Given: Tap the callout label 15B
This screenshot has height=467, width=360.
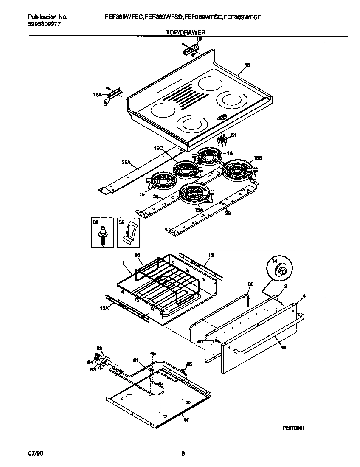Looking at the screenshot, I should click(257, 157).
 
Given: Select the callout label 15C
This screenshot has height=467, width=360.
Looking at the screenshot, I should click(158, 148).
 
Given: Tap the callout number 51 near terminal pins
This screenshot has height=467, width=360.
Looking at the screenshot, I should click(233, 135).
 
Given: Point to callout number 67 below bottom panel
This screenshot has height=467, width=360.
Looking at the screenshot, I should click(186, 420).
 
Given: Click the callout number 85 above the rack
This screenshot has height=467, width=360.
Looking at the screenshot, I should click(137, 255).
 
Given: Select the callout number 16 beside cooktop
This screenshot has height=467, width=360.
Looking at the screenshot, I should click(247, 65).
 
